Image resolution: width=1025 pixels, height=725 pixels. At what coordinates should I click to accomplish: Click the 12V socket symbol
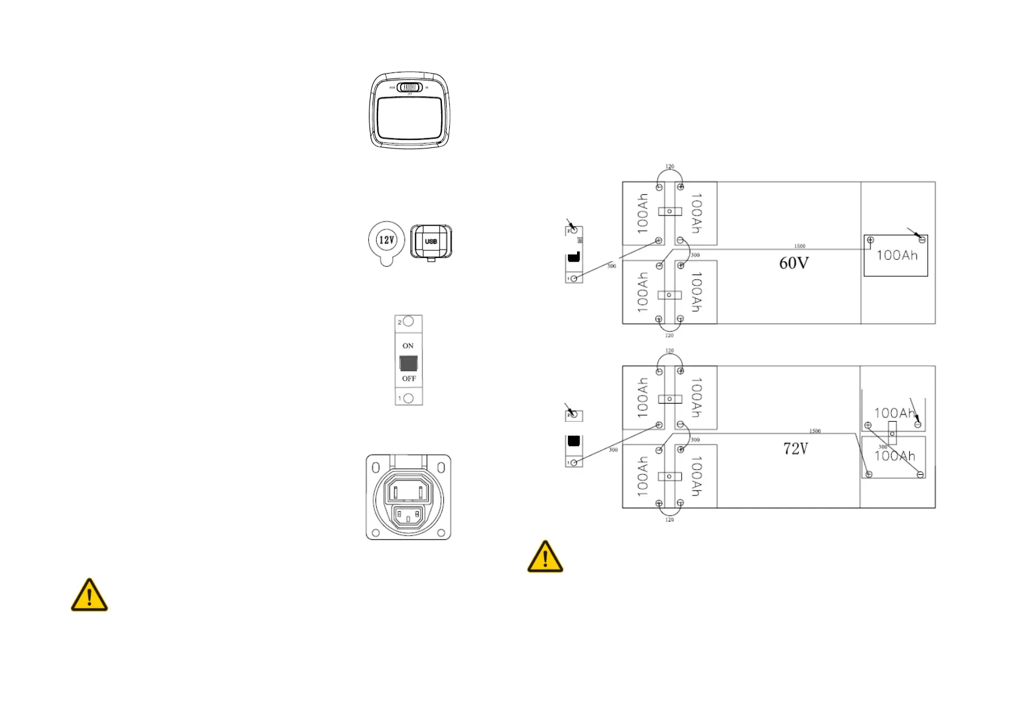(x=387, y=240)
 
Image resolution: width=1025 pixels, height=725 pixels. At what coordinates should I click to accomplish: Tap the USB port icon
(x=431, y=242)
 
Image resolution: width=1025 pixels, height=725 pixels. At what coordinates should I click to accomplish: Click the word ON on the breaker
(x=408, y=346)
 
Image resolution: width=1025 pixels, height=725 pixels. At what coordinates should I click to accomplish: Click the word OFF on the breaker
(x=408, y=379)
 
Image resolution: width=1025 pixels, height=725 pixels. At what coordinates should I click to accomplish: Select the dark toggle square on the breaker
(x=408, y=363)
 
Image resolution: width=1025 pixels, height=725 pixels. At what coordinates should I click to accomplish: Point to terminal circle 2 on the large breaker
(x=408, y=321)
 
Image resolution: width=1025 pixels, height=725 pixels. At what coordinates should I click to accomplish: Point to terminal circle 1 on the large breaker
(x=408, y=398)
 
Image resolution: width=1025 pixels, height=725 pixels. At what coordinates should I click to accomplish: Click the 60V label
(x=794, y=263)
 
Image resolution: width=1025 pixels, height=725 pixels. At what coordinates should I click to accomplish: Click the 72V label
(x=796, y=449)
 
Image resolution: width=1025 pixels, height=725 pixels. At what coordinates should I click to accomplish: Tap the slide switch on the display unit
(x=410, y=88)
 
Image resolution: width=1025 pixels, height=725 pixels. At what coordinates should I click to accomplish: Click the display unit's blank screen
(x=410, y=119)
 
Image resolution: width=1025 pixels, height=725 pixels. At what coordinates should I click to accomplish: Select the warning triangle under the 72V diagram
(x=545, y=557)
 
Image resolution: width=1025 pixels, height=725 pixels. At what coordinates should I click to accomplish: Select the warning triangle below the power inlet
(x=89, y=595)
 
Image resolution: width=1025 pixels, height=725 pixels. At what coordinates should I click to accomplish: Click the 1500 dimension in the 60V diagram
(x=800, y=246)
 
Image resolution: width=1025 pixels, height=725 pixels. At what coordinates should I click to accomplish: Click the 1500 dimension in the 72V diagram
(x=815, y=431)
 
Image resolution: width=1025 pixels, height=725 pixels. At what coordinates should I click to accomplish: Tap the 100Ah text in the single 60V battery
(x=897, y=256)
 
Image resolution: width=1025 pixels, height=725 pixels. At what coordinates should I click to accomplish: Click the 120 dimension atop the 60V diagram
(x=670, y=166)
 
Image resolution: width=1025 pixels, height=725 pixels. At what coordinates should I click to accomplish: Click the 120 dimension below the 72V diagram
(x=670, y=520)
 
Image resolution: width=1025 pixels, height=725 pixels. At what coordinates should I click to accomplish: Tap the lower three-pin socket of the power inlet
(x=408, y=517)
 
